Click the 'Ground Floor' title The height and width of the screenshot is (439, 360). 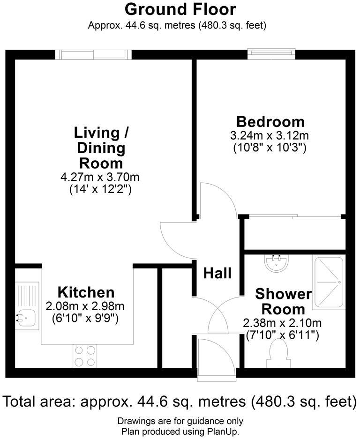tap(180, 9)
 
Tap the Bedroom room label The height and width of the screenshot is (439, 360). tap(270, 122)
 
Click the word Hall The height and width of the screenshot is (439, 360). tap(217, 273)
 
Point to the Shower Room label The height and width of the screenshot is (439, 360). tap(283, 301)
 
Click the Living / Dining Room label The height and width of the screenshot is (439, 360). tap(101, 148)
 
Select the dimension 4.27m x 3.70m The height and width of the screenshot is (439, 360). tap(100, 178)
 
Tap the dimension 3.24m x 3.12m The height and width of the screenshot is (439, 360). tap(270, 136)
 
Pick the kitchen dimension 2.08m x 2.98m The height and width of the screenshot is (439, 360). tap(85, 307)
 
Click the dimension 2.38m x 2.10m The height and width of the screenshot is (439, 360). tap(282, 323)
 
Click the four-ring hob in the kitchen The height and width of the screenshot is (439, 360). tap(85, 356)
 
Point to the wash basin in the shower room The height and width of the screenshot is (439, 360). tap(276, 263)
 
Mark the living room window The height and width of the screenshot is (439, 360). tap(93, 54)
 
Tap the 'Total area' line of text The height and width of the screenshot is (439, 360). tap(180, 402)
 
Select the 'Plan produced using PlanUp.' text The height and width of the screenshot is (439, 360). tap(180, 431)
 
